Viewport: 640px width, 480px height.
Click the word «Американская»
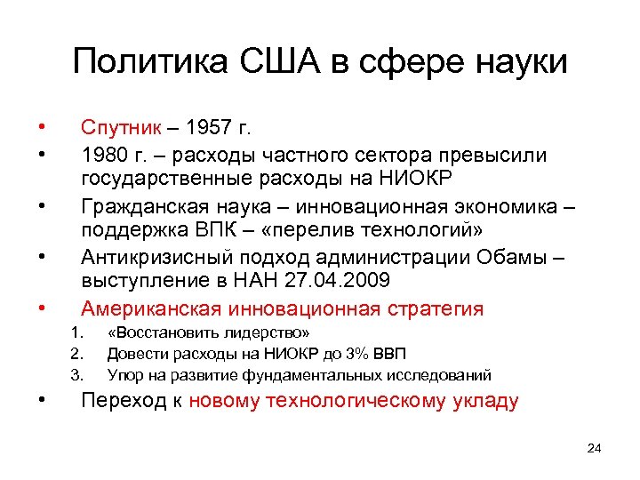point(154,308)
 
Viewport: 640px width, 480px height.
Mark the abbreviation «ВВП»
point(389,354)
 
